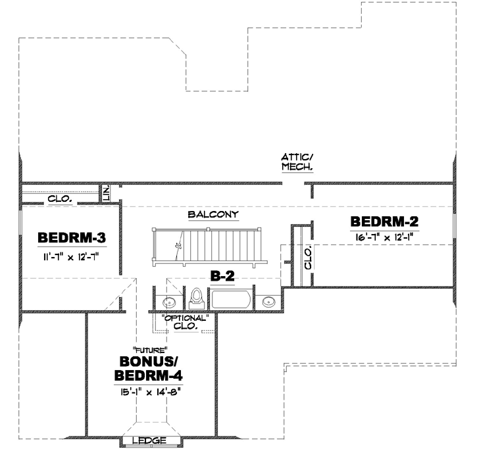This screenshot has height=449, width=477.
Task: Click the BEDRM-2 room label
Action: pos(384,221)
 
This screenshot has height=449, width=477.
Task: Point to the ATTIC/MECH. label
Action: pos(297,162)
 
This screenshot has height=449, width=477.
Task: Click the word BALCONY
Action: pos(213,215)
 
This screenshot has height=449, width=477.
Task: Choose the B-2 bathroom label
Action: pos(222,277)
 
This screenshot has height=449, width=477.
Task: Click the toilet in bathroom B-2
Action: pos(195,300)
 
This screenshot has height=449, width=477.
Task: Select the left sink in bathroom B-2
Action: pos(169,302)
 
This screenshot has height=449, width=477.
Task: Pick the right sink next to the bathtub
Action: pos(268,302)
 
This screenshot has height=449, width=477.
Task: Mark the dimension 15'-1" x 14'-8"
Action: pos(150,391)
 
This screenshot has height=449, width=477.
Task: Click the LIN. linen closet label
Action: pos(106,193)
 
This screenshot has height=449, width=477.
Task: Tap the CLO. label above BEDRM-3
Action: pos(60,198)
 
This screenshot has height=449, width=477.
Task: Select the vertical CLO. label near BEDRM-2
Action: pos(307,258)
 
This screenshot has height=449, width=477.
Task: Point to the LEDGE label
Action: pos(149,440)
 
